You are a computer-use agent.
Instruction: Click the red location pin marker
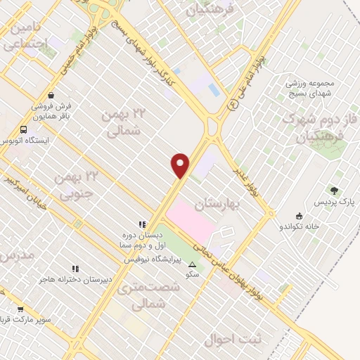coord(181,165)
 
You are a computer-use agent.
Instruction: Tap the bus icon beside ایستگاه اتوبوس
coord(24,130)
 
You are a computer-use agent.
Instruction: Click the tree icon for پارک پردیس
coord(334,191)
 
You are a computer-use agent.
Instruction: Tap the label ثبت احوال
coord(233,340)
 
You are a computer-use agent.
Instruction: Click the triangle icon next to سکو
coord(193,264)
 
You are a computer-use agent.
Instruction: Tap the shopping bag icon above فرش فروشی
coord(51,95)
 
